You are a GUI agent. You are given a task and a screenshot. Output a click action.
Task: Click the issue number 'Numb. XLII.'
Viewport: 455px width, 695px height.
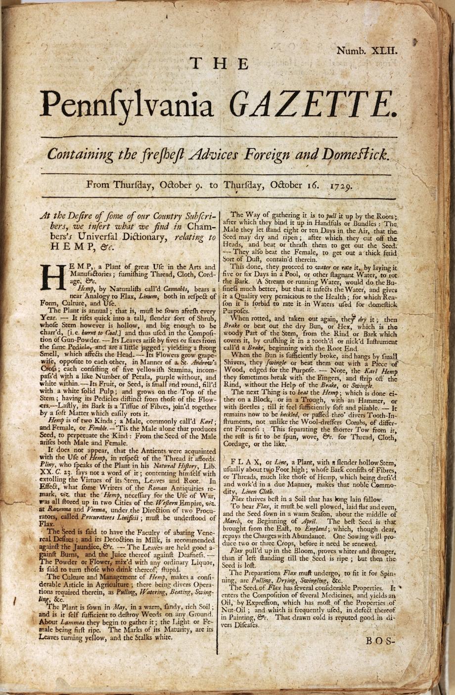tap(367, 50)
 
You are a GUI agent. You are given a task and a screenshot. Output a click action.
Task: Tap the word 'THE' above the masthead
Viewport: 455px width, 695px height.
tap(220, 64)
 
